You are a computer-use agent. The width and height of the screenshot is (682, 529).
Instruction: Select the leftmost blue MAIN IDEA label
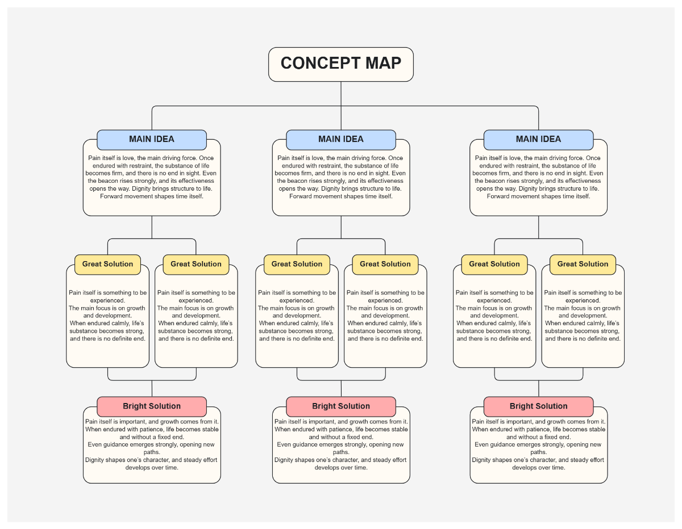tap(152, 139)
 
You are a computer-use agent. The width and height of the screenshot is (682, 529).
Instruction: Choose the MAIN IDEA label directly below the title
tap(341, 139)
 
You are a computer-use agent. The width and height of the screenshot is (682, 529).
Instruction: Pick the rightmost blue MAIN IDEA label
tap(538, 139)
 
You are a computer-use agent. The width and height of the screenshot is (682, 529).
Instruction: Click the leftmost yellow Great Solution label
tap(107, 264)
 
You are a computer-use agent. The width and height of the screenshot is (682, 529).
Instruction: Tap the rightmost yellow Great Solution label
tap(583, 264)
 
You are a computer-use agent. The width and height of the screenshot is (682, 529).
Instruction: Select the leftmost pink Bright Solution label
tap(152, 406)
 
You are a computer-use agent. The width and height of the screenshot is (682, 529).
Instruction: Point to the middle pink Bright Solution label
tap(341, 406)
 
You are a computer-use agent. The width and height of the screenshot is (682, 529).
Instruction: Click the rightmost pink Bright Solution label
tap(538, 406)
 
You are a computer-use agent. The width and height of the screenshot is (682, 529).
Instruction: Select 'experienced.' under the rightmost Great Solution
tap(583, 300)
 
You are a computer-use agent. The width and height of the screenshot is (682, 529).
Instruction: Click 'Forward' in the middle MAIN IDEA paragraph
tap(301, 196)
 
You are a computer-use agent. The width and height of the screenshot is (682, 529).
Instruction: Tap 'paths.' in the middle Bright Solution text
tap(341, 452)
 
